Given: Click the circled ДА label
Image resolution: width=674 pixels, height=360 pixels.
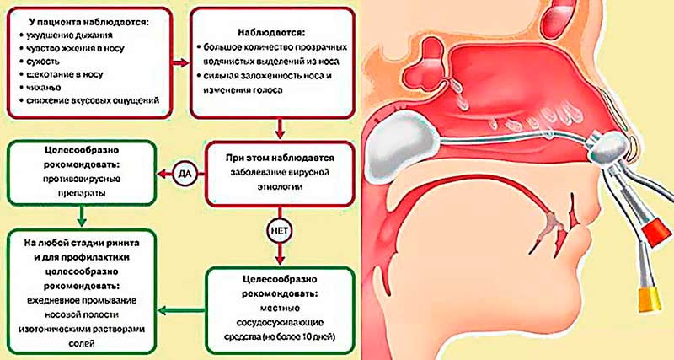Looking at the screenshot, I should pos(186,175).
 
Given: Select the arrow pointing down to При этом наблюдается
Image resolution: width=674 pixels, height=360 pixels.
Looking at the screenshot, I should pos(279,128).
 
